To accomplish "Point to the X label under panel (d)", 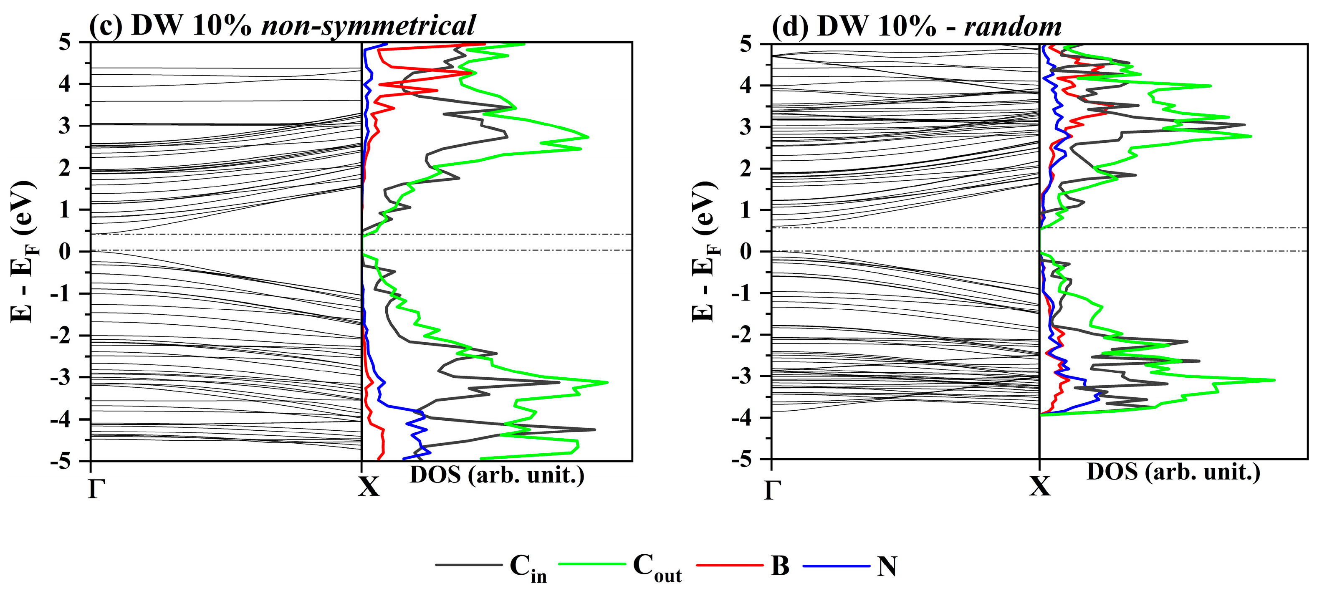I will [x=1040, y=486].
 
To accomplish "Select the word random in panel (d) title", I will [x=1013, y=25].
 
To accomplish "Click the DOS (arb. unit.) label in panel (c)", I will [x=497, y=475].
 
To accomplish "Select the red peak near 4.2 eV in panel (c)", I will [x=470, y=73].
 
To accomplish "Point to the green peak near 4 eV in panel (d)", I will [x=1210, y=86].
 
